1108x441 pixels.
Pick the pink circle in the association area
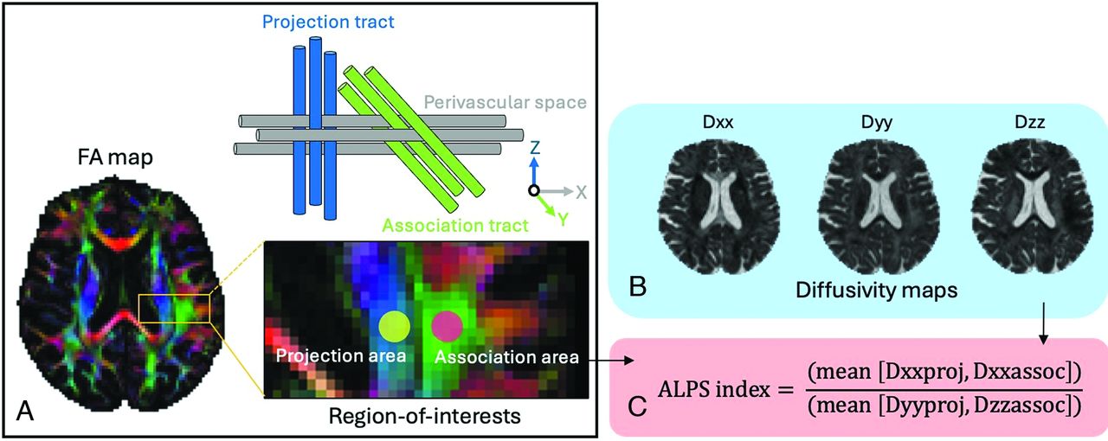point(447,325)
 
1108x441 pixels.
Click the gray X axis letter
point(582,192)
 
